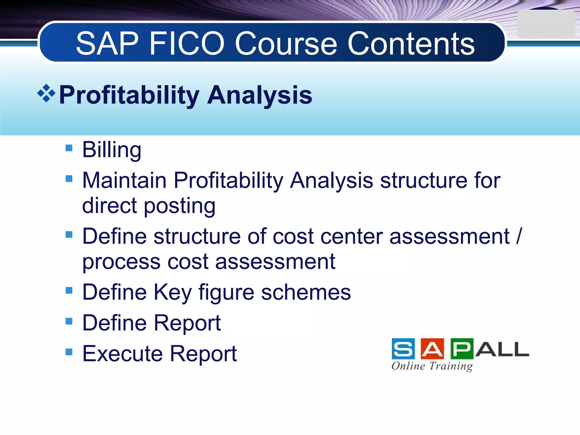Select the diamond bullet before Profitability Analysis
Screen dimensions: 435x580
coord(46,93)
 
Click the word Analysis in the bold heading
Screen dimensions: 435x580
coord(259,95)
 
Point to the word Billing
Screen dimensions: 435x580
coord(112,150)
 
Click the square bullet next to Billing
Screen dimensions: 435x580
coord(69,148)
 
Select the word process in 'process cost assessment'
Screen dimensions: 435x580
coord(121,262)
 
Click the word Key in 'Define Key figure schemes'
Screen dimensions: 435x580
coord(172,293)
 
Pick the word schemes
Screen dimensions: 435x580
coord(306,293)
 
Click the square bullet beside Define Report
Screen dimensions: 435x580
coord(69,321)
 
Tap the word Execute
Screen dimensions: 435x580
coord(122,354)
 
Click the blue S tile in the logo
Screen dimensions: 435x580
coord(403,349)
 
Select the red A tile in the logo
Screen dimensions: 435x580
coord(432,349)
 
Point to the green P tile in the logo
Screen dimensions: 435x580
coord(462,349)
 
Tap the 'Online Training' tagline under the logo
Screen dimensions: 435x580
coord(432,366)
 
